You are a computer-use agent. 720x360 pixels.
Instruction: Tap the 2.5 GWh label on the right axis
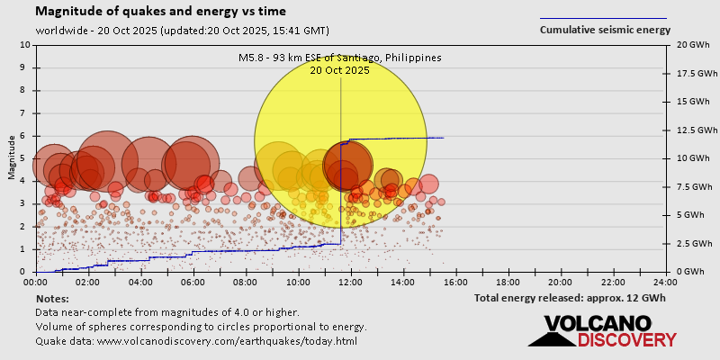(688, 244)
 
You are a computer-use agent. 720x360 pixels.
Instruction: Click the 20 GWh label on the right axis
(686, 45)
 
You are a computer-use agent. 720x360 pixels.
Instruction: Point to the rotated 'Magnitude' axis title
(13, 158)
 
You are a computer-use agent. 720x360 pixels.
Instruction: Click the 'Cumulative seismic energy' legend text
(605, 30)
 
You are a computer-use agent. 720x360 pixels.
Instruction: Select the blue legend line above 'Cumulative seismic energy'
(603, 18)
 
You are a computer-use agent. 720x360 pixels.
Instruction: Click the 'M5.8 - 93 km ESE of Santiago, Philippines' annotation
(340, 58)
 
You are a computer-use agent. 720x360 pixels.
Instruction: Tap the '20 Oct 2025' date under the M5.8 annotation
(339, 70)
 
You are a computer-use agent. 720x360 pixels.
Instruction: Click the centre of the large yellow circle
(340, 140)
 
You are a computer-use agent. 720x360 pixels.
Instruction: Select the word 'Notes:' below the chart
(52, 298)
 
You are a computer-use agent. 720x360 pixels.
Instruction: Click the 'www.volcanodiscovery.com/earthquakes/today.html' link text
(227, 341)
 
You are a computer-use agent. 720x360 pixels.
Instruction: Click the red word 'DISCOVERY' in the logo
(626, 340)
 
